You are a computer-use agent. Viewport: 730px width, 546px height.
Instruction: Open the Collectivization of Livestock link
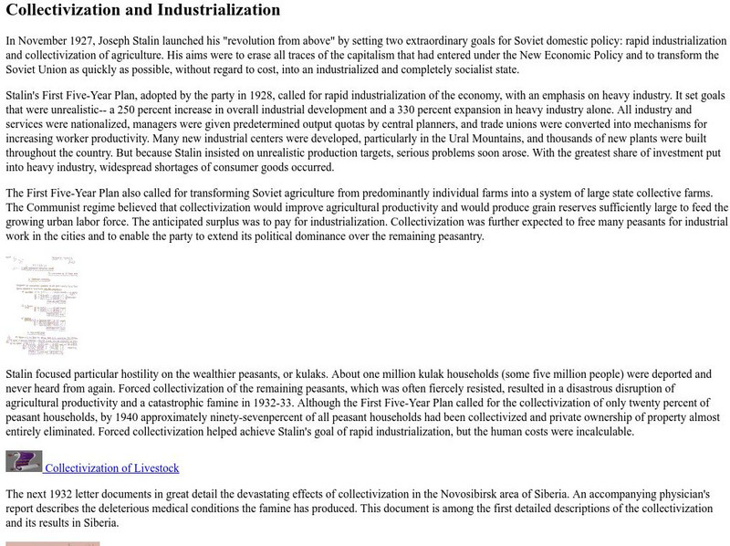pyautogui.click(x=112, y=468)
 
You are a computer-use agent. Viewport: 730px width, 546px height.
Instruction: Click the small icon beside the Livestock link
pyautogui.click(x=24, y=461)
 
